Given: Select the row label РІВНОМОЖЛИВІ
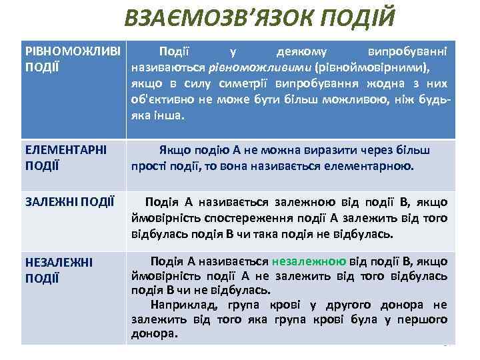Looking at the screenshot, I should pyautogui.click(x=73, y=51).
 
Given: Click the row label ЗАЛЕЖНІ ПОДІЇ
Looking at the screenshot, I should pyautogui.click(x=70, y=201).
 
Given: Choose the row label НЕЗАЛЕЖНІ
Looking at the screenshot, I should pyautogui.click(x=57, y=263).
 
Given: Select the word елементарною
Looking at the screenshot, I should pyautogui.click(x=376, y=166).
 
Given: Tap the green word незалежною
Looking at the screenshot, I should pyautogui.click(x=308, y=261).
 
